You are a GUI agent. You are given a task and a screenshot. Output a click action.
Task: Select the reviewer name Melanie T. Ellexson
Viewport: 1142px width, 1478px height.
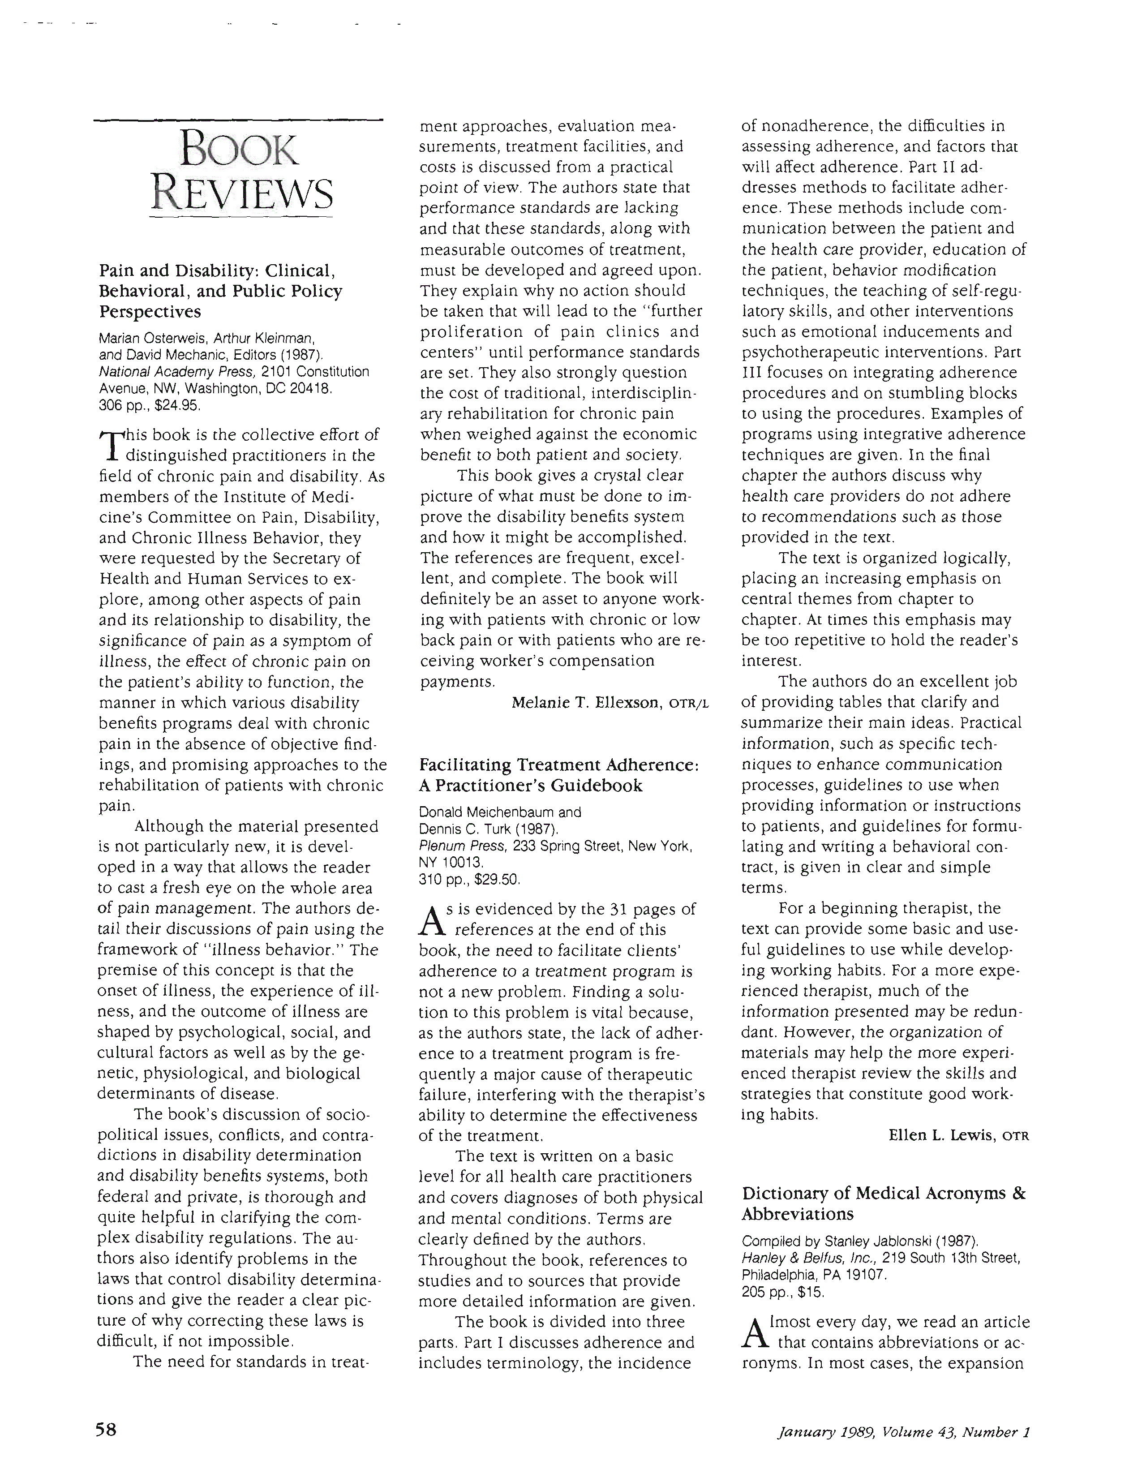586,703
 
